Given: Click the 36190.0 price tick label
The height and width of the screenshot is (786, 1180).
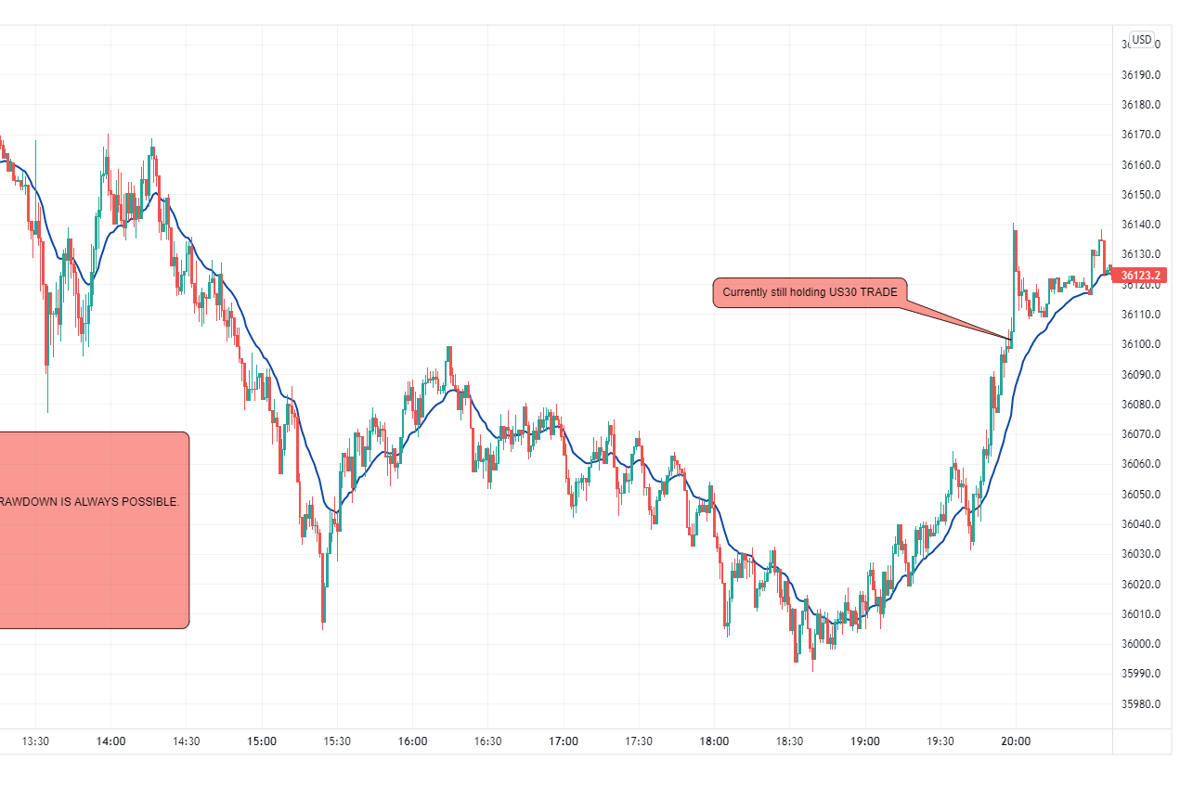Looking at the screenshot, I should point(1140,75).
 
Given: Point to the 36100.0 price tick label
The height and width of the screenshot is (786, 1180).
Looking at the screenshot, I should point(1140,345).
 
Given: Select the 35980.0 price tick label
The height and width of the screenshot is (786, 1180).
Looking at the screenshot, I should point(1140,704).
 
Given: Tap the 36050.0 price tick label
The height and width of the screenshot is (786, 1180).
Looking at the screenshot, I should point(1140,495).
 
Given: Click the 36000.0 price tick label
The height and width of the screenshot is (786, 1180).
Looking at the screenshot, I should point(1140,644).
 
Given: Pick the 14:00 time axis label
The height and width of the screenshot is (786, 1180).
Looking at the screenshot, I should point(110,741).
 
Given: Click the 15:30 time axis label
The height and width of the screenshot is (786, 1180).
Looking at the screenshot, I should point(337,741).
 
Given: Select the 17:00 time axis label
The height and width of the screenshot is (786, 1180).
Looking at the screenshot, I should point(564,741).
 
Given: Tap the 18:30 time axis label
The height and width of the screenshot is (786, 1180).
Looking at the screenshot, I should point(789,741).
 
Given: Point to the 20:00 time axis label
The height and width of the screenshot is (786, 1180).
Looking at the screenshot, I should point(1016,741).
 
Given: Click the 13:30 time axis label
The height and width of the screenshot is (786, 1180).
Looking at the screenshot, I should point(35,741).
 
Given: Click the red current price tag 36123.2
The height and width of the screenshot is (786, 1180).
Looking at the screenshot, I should point(1141,275).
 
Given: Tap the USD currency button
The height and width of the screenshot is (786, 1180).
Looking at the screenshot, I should point(1142,40).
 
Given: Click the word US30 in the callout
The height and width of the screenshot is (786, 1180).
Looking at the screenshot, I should point(842,292).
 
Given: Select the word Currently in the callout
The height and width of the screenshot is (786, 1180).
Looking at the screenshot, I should point(746,292).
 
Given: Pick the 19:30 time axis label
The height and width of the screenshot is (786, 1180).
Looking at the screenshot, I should point(940,741).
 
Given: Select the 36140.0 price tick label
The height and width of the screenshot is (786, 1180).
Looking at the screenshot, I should point(1140,225).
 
